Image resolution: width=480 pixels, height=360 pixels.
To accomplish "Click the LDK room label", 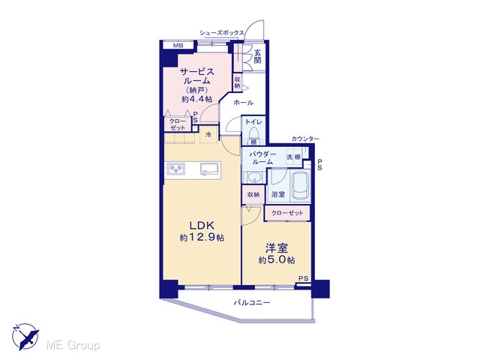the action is (x=202, y=226).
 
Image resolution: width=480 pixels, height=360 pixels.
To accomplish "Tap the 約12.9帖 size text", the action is (x=202, y=237).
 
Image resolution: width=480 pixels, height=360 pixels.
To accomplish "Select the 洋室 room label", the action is (x=277, y=248).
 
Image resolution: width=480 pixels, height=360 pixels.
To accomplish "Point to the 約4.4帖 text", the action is (x=196, y=99).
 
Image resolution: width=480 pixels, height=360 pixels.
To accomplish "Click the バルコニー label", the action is (x=252, y=303).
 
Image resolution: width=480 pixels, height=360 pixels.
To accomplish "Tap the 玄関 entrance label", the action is (x=257, y=56).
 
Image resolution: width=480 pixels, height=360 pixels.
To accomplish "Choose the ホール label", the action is (x=244, y=103).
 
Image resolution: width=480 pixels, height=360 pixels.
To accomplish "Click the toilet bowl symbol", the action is (x=253, y=133).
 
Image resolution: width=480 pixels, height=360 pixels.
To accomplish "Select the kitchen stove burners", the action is (x=175, y=169).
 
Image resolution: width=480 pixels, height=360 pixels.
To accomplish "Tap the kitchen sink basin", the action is (x=209, y=169).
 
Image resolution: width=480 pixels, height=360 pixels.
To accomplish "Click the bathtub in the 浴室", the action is (x=300, y=185).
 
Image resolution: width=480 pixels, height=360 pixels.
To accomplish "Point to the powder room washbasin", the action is (x=253, y=178).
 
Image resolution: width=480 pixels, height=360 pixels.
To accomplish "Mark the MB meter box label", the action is (x=178, y=46).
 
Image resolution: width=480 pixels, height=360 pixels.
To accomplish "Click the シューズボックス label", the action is (x=222, y=33).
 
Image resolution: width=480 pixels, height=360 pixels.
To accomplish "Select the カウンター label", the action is (x=305, y=139).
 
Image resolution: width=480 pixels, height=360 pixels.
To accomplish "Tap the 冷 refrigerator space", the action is (x=208, y=135).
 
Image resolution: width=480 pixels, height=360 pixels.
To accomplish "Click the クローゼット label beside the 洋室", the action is (x=287, y=213).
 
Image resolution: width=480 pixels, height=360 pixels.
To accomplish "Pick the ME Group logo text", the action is (x=73, y=346).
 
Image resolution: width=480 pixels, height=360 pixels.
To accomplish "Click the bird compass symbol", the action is (x=25, y=337).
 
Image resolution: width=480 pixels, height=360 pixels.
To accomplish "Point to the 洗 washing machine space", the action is (x=289, y=157).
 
